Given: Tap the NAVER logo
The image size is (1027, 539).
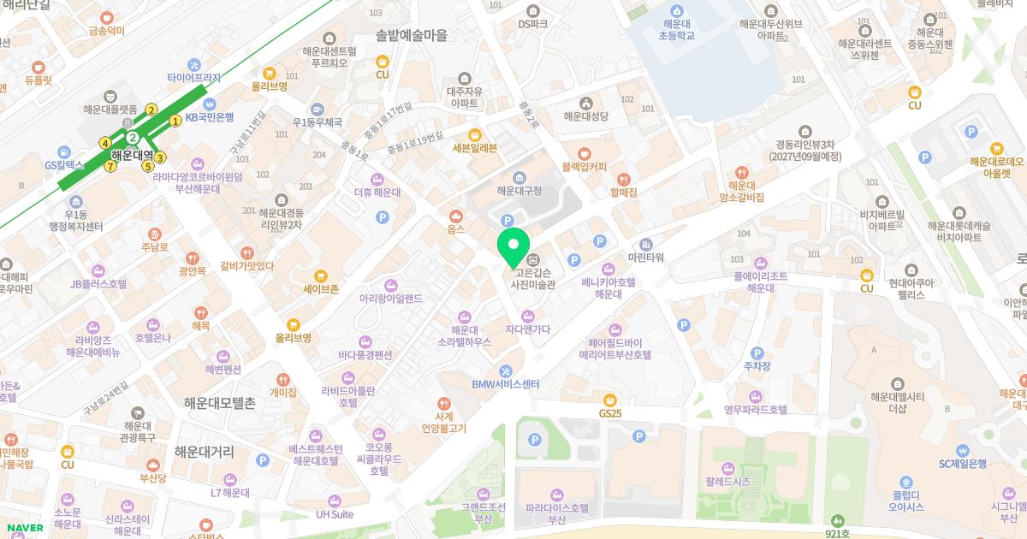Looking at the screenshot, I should pos(23,528).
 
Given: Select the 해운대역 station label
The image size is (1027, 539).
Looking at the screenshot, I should pos(132,156).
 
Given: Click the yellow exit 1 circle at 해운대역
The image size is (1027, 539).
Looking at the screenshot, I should pos(175,121).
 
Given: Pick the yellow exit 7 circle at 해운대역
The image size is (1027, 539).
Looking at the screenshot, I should pos(110,166).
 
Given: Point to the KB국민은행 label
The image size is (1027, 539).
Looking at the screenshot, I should pos(210,117).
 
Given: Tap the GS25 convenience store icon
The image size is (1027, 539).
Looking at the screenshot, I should pos(610,399).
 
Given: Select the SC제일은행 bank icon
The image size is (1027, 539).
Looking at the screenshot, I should pos(963,450).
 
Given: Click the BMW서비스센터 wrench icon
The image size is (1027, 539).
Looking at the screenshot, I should pos(506,370).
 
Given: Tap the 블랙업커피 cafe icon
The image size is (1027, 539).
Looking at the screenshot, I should pos(584,152).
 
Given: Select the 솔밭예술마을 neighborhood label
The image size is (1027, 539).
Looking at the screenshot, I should pos(412,35).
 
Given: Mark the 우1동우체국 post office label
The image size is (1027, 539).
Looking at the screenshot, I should pos(317,122).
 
